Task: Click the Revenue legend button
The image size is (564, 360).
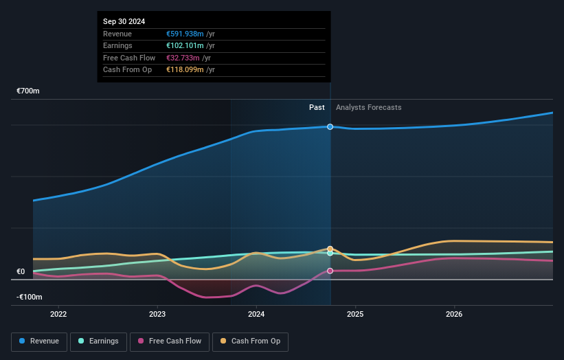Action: tap(38, 341)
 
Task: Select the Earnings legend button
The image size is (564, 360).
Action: tap(98, 341)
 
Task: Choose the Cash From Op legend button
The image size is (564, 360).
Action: tap(250, 341)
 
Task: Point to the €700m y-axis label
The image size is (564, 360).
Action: tap(28, 91)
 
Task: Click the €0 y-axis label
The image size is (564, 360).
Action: tap(21, 271)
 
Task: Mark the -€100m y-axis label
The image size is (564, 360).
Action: tap(30, 297)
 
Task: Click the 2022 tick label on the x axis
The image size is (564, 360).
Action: tap(59, 315)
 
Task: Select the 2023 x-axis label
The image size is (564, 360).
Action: tap(157, 315)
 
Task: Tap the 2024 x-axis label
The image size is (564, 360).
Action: tap(256, 315)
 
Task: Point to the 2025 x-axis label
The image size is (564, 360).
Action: tap(355, 315)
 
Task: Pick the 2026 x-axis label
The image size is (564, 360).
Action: tap(454, 315)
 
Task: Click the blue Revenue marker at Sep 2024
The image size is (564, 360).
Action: tap(330, 126)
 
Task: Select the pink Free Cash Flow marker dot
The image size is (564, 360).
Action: tap(330, 271)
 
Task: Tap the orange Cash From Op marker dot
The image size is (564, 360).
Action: tap(330, 249)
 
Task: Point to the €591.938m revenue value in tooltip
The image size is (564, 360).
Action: tap(185, 34)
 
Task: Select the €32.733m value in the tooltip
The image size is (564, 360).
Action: tap(183, 58)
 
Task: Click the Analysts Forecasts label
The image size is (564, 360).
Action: tap(368, 107)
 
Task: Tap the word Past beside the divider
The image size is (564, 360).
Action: tap(317, 107)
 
